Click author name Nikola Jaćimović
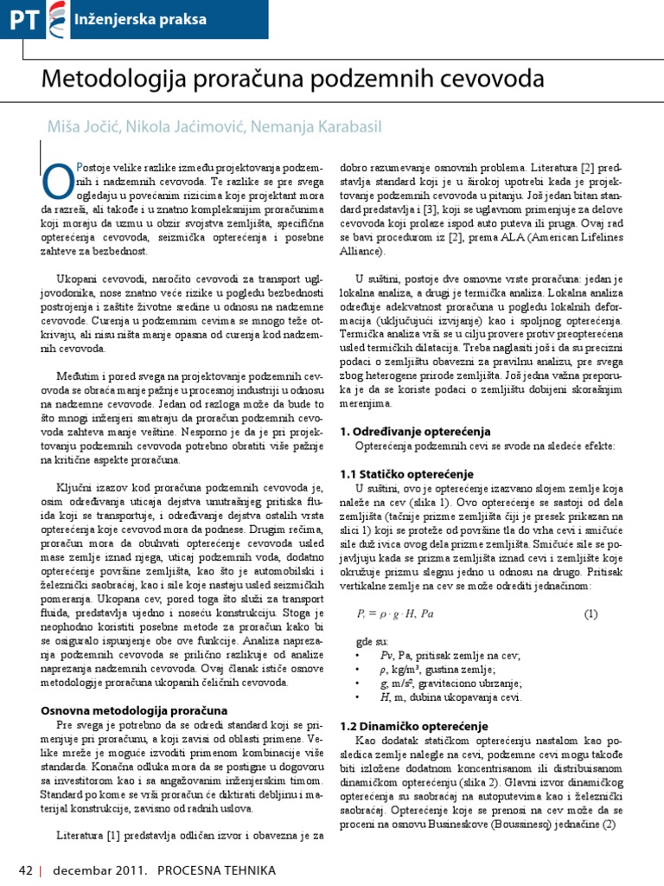click(x=186, y=127)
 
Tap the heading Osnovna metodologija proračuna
click(x=134, y=709)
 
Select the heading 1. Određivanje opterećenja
click(x=415, y=430)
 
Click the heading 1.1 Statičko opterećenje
click(x=406, y=474)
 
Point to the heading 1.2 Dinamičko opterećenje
click(x=413, y=725)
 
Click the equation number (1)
click(x=590, y=614)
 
